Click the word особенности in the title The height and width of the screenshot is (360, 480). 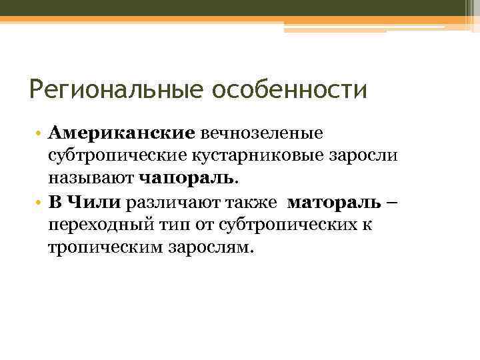[x=289, y=89]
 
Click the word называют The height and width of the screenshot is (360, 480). [x=91, y=179]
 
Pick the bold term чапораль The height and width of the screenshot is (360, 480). [x=186, y=179]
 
